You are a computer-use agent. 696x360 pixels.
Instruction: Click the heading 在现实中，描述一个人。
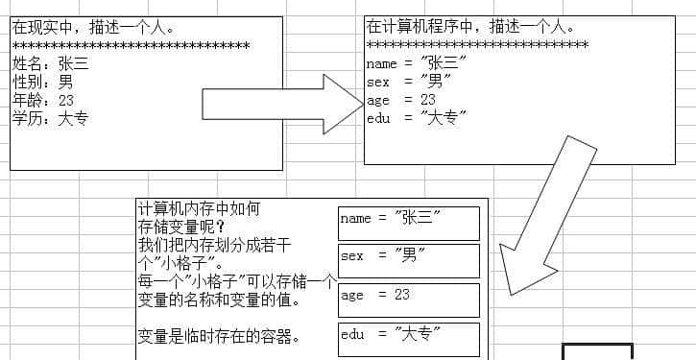pyautogui.click(x=93, y=28)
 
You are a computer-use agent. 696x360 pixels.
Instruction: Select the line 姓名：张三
pyautogui.click(x=50, y=64)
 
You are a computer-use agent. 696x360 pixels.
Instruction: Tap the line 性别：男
pyautogui.click(x=42, y=83)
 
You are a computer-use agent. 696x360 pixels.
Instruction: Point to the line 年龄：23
pyautogui.click(x=42, y=100)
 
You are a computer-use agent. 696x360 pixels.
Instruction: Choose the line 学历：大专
pyautogui.click(x=50, y=118)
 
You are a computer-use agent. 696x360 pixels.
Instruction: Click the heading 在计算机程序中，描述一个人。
pyautogui.click(x=471, y=27)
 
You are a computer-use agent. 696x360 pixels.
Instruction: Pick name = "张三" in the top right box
pyautogui.click(x=416, y=64)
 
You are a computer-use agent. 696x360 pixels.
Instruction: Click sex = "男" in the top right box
pyautogui.click(x=409, y=83)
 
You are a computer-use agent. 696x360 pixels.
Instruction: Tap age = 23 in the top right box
pyautogui.click(x=401, y=100)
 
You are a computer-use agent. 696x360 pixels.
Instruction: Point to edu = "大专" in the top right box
pyautogui.click(x=416, y=118)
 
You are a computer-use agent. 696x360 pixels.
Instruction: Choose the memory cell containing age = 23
pyautogui.click(x=408, y=299)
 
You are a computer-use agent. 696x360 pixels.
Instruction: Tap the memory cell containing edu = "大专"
pyautogui.click(x=408, y=338)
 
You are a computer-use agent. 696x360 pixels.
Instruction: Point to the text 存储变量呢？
pyautogui.click(x=180, y=227)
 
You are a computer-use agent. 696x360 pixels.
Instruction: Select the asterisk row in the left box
pyautogui.click(x=131, y=46)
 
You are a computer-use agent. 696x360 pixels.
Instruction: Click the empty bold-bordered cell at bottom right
pyautogui.click(x=597, y=351)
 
